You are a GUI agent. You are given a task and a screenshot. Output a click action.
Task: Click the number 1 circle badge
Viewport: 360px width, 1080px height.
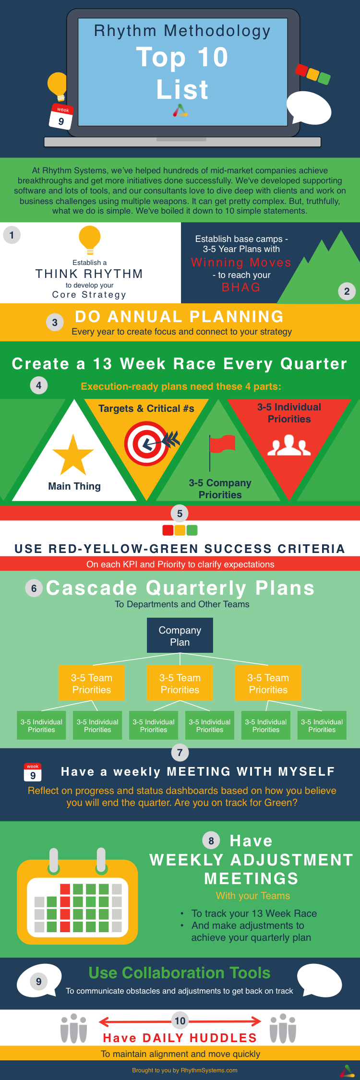[12, 235]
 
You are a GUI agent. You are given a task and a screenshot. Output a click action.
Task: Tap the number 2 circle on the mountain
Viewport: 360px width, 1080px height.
[347, 291]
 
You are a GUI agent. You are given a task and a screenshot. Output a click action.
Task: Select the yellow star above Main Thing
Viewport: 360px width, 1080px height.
[73, 455]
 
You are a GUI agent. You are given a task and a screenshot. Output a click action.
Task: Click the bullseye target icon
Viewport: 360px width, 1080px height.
[147, 444]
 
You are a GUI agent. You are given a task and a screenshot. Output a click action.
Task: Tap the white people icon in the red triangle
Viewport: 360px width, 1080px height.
[289, 445]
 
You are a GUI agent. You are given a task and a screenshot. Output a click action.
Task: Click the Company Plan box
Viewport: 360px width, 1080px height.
[180, 636]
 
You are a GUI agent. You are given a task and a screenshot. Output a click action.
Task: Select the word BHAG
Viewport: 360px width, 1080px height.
[241, 287]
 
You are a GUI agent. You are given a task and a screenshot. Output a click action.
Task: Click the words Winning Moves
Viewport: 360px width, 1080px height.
[241, 262]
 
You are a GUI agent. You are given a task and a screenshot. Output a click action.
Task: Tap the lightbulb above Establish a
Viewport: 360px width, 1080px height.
[90, 240]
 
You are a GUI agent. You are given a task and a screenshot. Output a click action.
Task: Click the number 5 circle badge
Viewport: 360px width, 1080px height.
[180, 514]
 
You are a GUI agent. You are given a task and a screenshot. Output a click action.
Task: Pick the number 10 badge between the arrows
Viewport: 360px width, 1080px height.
[180, 1021]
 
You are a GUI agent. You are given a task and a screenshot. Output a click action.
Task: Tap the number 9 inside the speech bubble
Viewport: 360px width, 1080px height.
[39, 982]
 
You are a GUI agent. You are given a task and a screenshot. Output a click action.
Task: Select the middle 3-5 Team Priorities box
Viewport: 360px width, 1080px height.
[180, 683]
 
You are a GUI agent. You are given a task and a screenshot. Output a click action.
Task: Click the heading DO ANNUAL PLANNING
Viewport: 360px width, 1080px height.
[180, 316]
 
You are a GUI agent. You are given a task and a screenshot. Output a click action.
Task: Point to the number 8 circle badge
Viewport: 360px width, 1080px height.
[211, 840]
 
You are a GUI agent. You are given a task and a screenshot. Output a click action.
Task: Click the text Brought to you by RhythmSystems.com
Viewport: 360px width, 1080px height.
[185, 1070]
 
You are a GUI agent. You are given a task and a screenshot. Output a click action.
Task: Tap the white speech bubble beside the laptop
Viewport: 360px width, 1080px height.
[309, 107]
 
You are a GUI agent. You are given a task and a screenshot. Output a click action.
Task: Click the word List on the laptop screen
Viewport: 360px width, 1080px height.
[182, 89]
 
